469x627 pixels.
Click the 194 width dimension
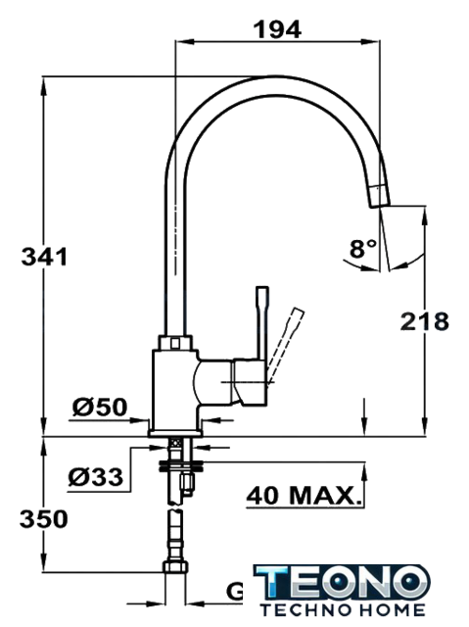[x=278, y=29]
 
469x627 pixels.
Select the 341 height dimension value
[x=44, y=257]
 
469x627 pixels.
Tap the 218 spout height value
[x=425, y=321]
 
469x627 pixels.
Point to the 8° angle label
[x=362, y=248]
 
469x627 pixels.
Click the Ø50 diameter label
[x=100, y=408]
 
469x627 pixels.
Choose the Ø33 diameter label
[x=96, y=477]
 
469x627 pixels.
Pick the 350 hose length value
[x=44, y=519]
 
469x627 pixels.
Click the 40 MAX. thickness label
[x=304, y=496]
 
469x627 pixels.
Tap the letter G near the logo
[x=235, y=592]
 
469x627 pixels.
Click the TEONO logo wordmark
[x=342, y=583]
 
